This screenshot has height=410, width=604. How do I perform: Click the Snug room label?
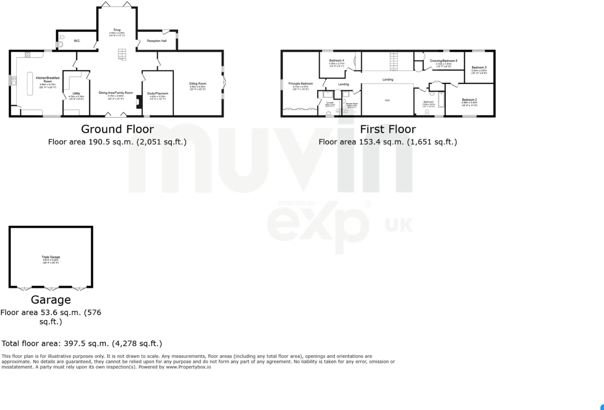tap(117, 30)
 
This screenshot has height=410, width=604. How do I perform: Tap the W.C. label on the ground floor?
tap(77, 41)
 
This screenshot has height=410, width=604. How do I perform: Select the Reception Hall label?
tap(157, 41)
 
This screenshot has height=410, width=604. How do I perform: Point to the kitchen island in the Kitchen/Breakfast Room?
tap(30, 83)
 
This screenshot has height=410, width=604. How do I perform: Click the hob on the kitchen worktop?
tap(28, 54)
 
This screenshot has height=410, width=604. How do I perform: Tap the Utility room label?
tap(76, 93)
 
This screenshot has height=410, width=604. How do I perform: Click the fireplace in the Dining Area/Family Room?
tap(138, 102)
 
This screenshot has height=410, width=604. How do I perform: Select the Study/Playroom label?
tap(158, 93)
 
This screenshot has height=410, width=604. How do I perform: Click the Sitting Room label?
tap(198, 83)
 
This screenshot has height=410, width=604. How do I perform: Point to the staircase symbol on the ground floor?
tap(122, 55)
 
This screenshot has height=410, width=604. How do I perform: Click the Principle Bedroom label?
tap(301, 83)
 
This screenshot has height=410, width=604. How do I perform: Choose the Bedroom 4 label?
tap(337, 61)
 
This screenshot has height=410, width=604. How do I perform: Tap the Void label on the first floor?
tap(387, 100)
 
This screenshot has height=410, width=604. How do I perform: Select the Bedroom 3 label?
tap(479, 67)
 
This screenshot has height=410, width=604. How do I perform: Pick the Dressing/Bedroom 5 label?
tap(443, 61)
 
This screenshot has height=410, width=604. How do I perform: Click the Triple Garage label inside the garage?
tap(51, 257)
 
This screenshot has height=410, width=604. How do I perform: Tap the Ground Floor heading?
tap(117, 129)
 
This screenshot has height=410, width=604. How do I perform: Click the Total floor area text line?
tap(82, 343)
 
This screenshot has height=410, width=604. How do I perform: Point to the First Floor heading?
tap(388, 129)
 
